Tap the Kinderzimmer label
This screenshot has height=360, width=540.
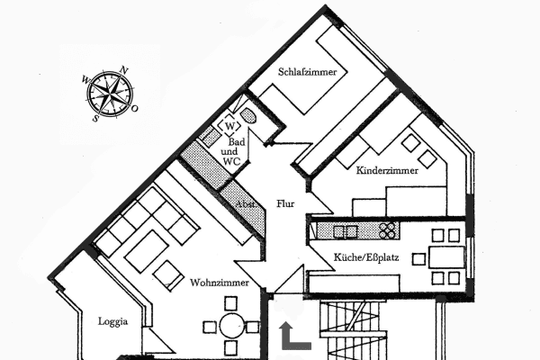pos(387,168)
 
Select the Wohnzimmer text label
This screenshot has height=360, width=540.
pos(214,283)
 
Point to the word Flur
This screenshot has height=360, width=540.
pos(285,203)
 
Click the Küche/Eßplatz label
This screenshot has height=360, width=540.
pos(366,257)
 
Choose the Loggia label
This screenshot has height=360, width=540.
pos(113,320)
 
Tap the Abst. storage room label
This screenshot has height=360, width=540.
pos(245,205)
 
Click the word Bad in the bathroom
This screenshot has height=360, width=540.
pos(236,143)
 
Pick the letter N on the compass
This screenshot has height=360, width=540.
pos(123,69)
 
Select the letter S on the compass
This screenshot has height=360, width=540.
pos(94,117)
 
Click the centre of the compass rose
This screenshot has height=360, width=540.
pos(109,93)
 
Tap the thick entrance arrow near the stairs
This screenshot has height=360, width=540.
pos(293,337)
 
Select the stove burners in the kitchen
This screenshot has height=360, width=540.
pos(388,230)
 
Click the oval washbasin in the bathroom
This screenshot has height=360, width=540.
pos(249,117)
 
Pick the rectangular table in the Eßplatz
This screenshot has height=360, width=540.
pos(445,256)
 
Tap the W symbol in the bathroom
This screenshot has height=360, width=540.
pos(229,125)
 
